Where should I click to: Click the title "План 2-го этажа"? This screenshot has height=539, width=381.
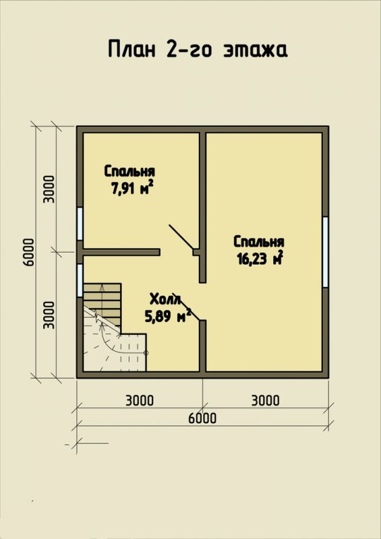(198, 49)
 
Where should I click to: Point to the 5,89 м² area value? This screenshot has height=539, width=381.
(168, 315)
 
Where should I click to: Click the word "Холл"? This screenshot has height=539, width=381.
(165, 299)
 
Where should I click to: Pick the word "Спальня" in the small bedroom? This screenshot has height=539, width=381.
(129, 171)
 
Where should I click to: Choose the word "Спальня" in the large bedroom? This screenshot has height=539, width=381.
(259, 242)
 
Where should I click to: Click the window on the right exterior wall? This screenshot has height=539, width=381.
(325, 252)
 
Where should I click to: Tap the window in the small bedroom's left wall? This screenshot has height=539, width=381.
(80, 224)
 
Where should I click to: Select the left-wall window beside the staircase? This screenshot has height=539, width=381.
(80, 280)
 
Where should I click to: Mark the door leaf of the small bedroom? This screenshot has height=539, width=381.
(181, 237)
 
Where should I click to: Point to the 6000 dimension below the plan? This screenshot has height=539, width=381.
(202, 418)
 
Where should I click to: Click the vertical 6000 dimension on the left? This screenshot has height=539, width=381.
(29, 252)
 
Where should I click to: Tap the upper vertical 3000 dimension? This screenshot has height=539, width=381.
(49, 189)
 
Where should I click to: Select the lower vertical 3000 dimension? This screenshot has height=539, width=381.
(49, 315)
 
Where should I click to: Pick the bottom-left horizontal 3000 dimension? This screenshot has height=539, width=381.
(140, 400)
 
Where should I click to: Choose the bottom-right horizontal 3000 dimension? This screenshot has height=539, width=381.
(266, 400)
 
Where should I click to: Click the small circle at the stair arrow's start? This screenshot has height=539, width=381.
(146, 352)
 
